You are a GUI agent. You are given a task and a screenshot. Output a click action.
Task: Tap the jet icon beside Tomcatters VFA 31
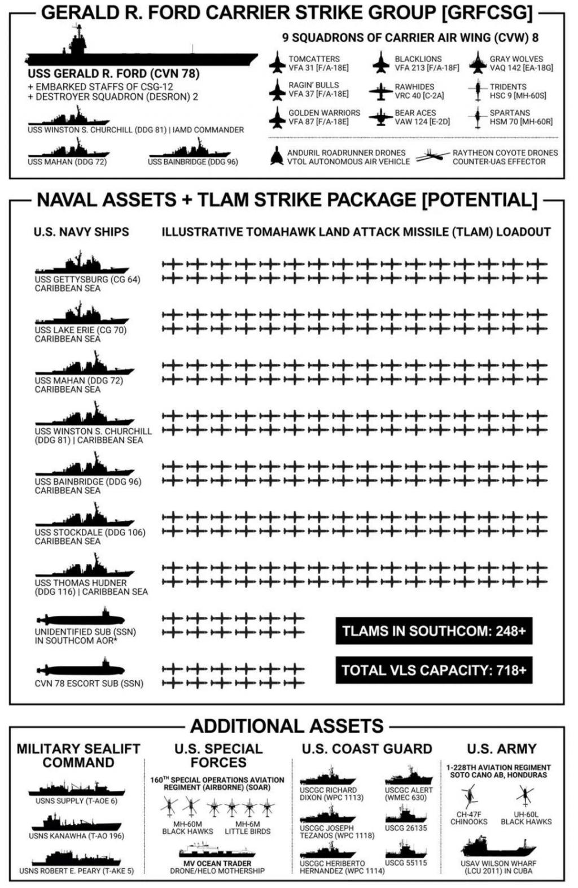(277, 63)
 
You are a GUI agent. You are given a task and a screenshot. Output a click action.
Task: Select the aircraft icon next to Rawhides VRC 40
(381, 92)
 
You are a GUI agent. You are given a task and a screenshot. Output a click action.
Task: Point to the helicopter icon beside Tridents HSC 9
(478, 91)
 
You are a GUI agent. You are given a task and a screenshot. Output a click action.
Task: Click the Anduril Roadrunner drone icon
(277, 156)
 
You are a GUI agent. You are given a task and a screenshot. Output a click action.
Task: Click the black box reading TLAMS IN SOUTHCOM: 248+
(434, 630)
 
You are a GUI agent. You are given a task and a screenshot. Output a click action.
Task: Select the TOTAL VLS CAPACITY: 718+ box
(434, 670)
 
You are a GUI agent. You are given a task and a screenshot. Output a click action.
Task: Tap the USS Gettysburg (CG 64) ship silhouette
(82, 262)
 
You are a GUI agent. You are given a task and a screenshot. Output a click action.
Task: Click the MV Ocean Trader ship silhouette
(217, 849)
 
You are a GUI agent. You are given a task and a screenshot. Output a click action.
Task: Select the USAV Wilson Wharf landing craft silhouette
(499, 847)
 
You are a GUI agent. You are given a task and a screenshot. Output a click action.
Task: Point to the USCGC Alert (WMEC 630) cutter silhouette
(409, 775)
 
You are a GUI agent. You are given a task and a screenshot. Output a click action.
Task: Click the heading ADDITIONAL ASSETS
(287, 726)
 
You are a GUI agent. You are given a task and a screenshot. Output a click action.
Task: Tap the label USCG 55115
(406, 863)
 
